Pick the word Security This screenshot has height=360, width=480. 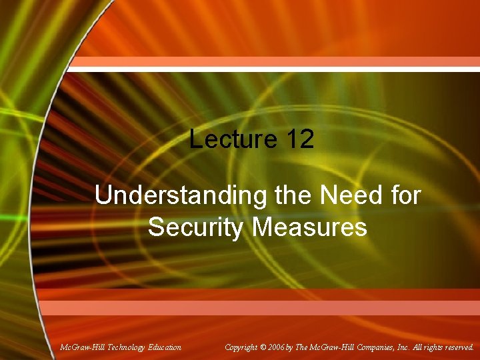(x=196, y=227)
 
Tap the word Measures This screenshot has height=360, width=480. (x=309, y=227)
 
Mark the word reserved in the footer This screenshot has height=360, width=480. (x=460, y=347)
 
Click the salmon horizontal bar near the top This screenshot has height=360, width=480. (x=273, y=62)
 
